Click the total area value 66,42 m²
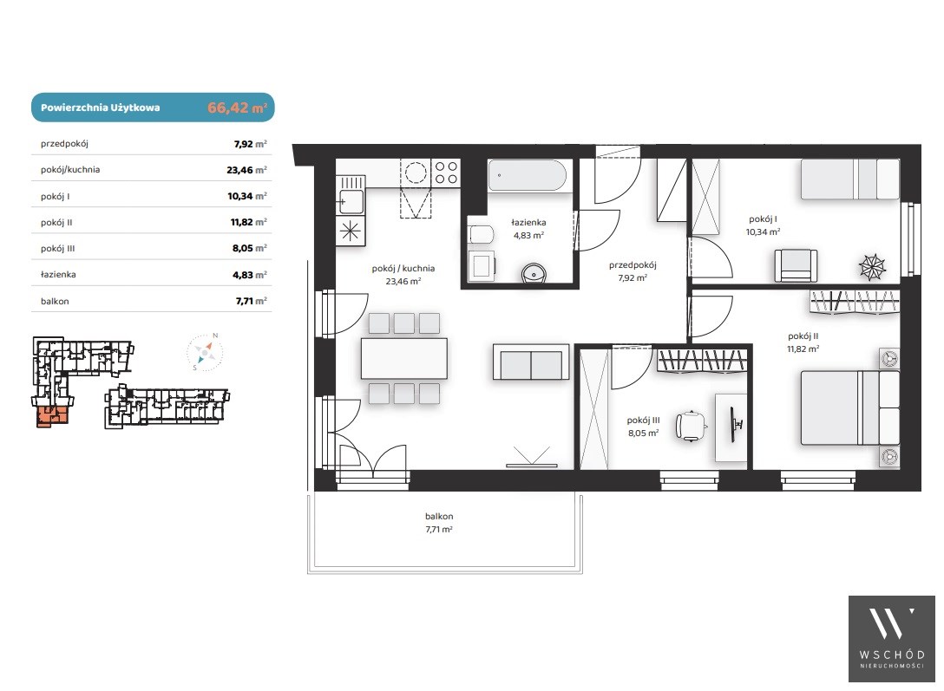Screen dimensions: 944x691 237,108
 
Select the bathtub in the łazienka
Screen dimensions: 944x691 528,176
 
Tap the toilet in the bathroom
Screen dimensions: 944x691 481,234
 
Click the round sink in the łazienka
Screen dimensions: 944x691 534,274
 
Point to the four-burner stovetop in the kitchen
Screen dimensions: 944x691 446,173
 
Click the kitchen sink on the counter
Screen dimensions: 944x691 351,201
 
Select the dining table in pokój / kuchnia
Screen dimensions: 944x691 404,358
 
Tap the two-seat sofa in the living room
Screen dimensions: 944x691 531,362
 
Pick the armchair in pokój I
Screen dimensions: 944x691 796,265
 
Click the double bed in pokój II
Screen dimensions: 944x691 850,407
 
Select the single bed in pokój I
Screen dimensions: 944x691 850,179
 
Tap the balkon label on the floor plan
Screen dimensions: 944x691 439,516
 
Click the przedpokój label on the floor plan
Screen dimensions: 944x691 633,264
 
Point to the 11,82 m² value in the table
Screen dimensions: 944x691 249,222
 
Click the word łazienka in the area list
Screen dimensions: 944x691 58,274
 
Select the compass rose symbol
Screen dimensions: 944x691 205,352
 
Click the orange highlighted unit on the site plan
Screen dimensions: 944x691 51,415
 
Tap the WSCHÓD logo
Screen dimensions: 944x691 892,639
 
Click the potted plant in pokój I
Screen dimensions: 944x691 872,266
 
